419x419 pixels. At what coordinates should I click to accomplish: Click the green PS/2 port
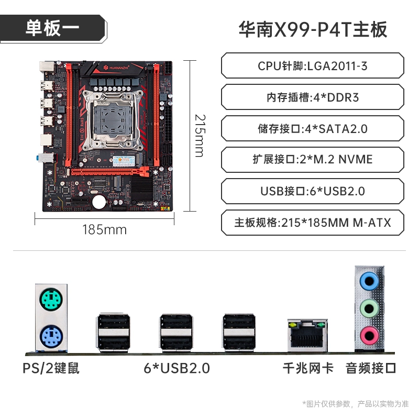pyautogui.click(x=51, y=300)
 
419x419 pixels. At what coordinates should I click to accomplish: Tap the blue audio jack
pyautogui.click(x=369, y=281)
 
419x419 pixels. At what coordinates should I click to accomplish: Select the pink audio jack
pyautogui.click(x=369, y=336)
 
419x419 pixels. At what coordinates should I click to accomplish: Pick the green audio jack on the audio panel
pyautogui.click(x=369, y=308)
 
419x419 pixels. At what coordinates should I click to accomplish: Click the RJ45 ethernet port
pyautogui.click(x=307, y=336)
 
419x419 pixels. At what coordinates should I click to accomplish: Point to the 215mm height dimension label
pyautogui.click(x=200, y=136)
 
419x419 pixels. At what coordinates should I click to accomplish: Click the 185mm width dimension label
pyautogui.click(x=104, y=230)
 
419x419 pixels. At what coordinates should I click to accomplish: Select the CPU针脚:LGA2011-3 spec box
pyautogui.click(x=312, y=66)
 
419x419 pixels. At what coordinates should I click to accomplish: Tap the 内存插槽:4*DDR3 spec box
pyautogui.click(x=312, y=97)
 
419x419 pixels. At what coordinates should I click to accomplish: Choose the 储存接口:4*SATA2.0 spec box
pyautogui.click(x=312, y=128)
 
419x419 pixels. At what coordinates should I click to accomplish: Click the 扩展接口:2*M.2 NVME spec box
pyautogui.click(x=312, y=160)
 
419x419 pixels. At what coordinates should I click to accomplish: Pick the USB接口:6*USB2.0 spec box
pyautogui.click(x=312, y=191)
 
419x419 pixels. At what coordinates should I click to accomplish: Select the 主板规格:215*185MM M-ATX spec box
pyautogui.click(x=312, y=223)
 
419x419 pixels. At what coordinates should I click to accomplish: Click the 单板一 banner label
pyautogui.click(x=52, y=28)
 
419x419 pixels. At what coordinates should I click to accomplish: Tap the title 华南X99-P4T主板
pyautogui.click(x=313, y=29)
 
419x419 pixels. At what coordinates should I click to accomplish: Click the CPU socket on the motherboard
pyautogui.click(x=112, y=120)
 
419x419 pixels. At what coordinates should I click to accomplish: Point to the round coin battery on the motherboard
pyautogui.click(x=100, y=202)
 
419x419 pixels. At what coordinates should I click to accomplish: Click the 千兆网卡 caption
pyautogui.click(x=308, y=368)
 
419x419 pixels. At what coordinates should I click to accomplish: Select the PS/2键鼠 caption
pyautogui.click(x=51, y=368)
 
